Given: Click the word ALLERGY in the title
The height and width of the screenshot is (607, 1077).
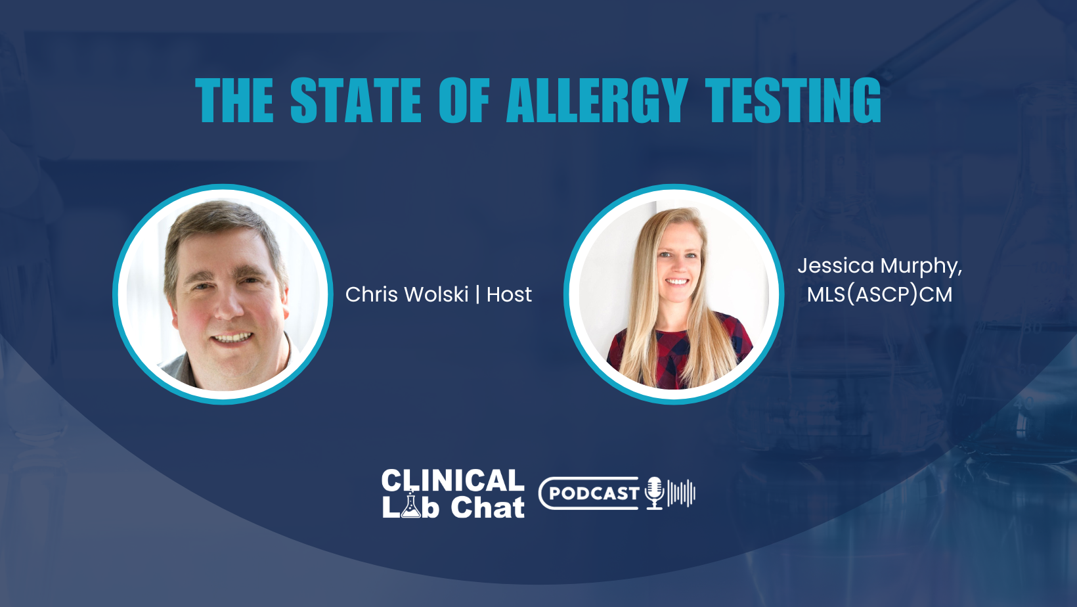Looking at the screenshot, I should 597,101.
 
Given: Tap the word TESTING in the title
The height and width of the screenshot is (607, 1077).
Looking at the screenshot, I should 793,101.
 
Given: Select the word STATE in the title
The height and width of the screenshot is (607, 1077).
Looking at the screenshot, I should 355,101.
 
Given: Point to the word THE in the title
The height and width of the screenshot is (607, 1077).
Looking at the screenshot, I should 234,101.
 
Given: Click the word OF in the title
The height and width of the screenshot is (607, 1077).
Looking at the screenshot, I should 464,101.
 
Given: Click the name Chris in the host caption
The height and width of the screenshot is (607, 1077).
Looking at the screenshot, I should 369,294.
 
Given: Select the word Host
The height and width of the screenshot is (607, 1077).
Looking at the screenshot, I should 509,294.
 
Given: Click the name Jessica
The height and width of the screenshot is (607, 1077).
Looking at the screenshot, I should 835,266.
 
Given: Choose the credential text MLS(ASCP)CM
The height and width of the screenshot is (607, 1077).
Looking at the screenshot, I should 879,294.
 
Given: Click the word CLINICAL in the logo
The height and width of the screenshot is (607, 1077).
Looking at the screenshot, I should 452,480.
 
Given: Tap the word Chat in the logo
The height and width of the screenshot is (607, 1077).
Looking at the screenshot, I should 487,508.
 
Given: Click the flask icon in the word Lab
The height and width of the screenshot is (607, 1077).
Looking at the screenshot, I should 411,506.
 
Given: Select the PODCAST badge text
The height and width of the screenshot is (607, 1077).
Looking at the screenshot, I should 594,493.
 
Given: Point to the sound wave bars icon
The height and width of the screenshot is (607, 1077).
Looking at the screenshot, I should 681,493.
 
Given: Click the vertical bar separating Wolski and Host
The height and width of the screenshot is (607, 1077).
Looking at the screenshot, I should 477,294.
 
